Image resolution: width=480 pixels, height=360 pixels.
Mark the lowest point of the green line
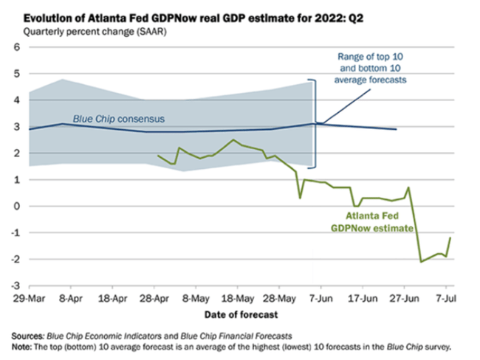click(421, 261)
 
